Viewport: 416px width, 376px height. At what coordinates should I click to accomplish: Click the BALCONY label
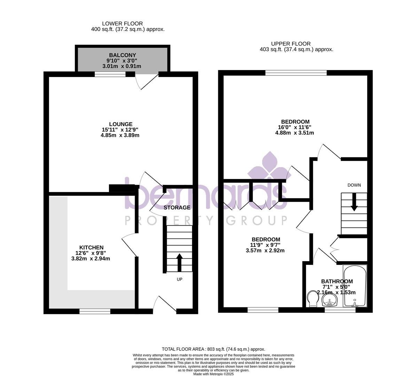click(x=123, y=55)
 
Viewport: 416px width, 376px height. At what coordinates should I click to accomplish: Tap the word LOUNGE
click(x=121, y=124)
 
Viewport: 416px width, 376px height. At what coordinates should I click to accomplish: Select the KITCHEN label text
click(x=92, y=248)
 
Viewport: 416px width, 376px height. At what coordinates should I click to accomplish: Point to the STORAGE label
click(x=177, y=207)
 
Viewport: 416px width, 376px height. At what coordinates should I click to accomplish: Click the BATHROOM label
click(x=337, y=281)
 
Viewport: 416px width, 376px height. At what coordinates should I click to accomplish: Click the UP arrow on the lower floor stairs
click(x=180, y=263)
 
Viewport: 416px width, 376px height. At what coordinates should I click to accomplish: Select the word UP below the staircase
click(x=180, y=280)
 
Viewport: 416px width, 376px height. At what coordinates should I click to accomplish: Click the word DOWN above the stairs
click(x=354, y=185)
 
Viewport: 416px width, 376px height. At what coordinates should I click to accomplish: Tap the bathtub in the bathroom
click(x=355, y=286)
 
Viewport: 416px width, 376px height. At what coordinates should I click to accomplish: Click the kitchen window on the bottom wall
click(x=95, y=311)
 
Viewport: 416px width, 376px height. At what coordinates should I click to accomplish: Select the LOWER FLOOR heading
click(x=122, y=24)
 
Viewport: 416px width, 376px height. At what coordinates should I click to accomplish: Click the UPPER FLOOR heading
click(x=291, y=44)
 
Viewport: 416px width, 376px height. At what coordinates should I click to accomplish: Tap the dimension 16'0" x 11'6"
click(x=293, y=127)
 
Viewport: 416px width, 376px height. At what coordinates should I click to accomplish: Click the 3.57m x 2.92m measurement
click(x=265, y=250)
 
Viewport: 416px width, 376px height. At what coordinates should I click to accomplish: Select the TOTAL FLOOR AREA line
click(x=214, y=349)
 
